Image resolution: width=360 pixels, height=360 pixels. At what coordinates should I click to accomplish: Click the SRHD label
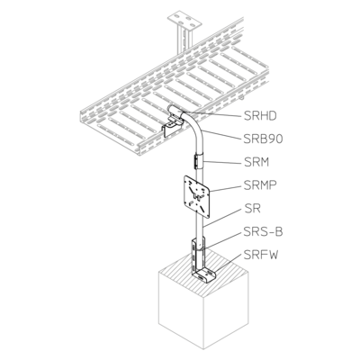tap(260, 116)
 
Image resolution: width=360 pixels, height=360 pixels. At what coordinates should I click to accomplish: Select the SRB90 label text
tap(263, 139)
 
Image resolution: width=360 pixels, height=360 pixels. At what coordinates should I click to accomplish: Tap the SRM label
tap(256, 162)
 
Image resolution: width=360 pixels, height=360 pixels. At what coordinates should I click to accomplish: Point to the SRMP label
tap(260, 185)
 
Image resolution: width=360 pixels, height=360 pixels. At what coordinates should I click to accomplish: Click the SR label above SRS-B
tap(252, 209)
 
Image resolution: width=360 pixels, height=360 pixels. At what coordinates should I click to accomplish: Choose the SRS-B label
tap(263, 231)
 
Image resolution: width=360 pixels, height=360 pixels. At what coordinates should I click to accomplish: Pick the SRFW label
tap(261, 255)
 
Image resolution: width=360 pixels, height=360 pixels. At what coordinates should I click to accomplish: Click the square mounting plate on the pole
tap(197, 196)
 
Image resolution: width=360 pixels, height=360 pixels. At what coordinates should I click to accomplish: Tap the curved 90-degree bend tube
tap(193, 132)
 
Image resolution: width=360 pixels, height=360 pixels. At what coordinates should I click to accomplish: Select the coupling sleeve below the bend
tap(199, 161)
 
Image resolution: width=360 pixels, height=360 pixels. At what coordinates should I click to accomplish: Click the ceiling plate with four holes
tap(184, 21)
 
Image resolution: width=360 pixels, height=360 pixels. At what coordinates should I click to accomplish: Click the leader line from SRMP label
tap(227, 188)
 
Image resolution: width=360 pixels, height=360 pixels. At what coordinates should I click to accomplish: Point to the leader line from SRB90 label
tap(222, 135)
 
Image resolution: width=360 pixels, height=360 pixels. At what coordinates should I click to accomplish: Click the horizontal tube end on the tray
tap(176, 112)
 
